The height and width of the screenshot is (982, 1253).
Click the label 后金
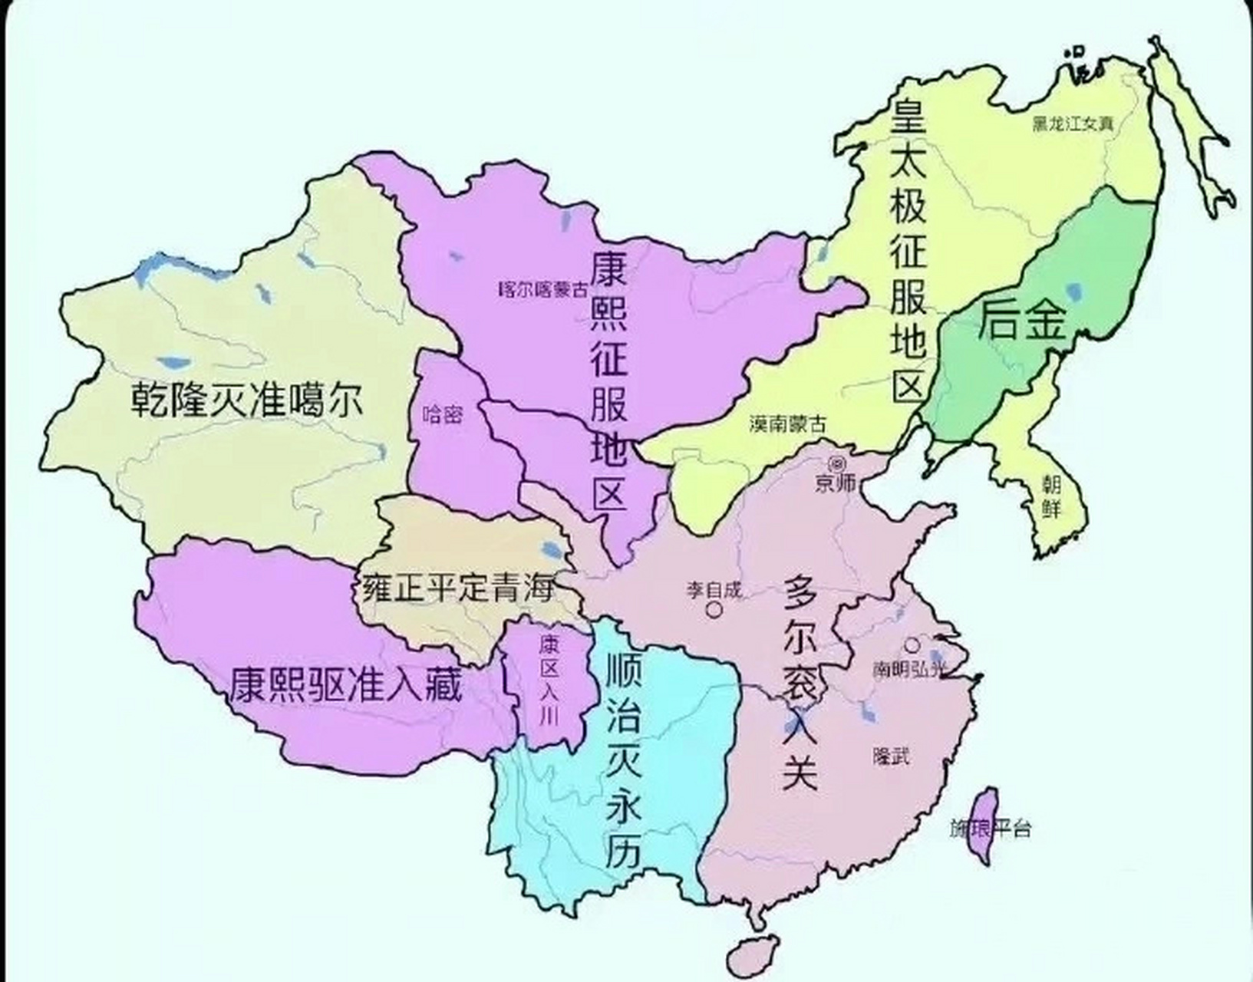coord(1021,320)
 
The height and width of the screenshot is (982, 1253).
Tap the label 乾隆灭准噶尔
coord(246,400)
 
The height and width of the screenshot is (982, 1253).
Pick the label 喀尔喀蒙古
coord(542,289)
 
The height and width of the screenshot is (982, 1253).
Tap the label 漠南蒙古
coord(788,423)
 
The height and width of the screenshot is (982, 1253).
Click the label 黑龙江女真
coord(1072,124)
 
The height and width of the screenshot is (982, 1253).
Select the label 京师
coord(836,484)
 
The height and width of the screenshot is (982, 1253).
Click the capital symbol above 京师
coord(836,463)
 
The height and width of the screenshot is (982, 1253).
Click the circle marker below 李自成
coord(714,610)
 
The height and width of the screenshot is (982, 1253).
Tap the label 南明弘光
coord(909,669)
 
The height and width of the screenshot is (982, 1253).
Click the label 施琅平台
coord(990,829)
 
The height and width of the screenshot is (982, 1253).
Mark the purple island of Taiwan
coord(982,825)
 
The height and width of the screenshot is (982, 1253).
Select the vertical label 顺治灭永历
coord(623,760)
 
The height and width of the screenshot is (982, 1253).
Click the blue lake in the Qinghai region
coord(550,549)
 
